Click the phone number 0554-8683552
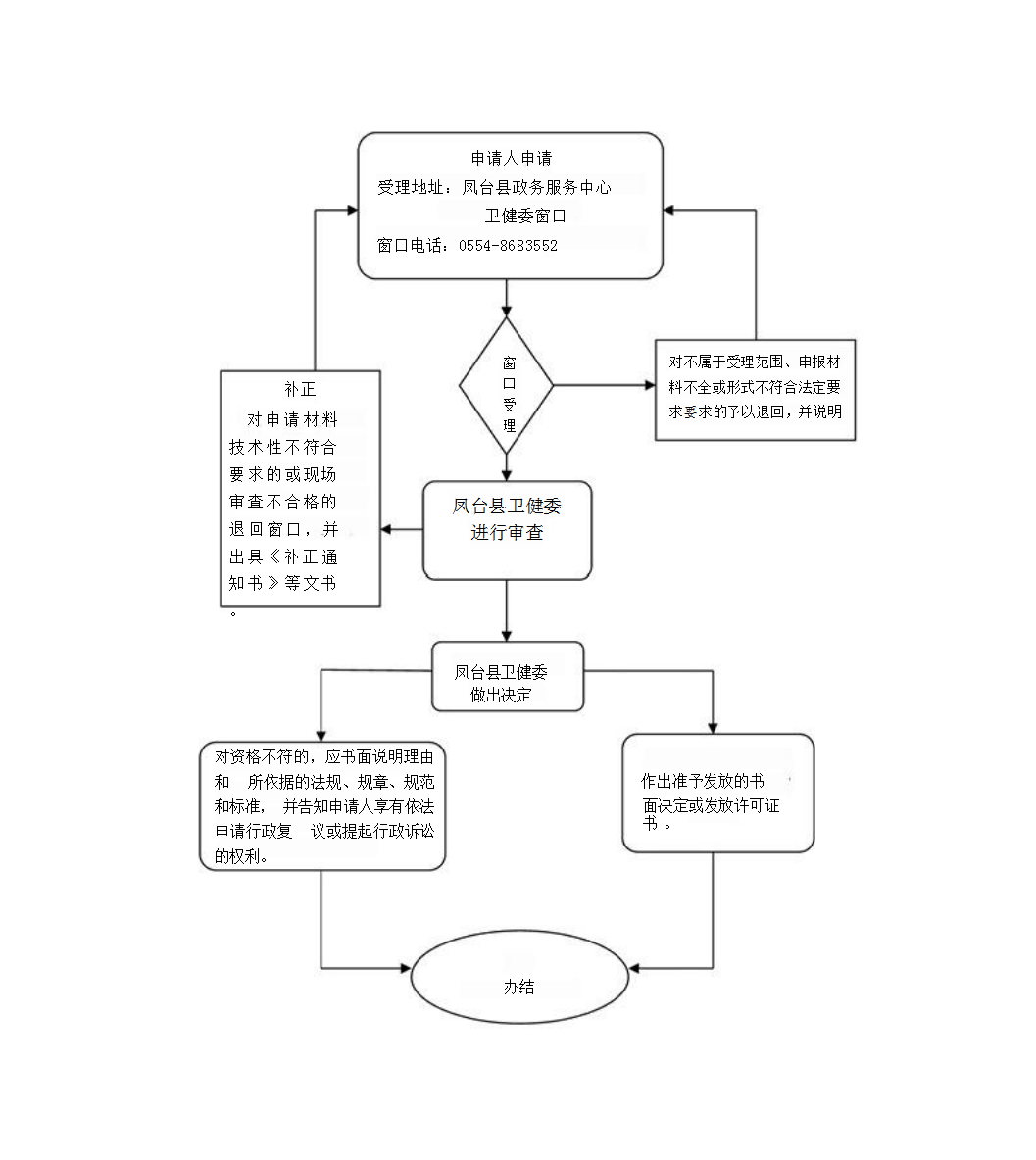click(x=508, y=246)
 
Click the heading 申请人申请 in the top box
click(x=511, y=159)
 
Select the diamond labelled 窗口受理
click(x=507, y=386)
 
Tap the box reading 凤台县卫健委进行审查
click(x=507, y=530)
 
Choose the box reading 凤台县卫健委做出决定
click(x=508, y=676)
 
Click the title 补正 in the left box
click(x=300, y=390)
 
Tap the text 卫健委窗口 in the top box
click(x=525, y=217)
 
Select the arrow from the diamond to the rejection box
click(x=603, y=386)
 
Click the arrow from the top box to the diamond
click(x=507, y=299)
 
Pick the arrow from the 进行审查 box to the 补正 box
click(x=402, y=530)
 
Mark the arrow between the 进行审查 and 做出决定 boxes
click(x=507, y=610)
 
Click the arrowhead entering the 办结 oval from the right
click(x=634, y=969)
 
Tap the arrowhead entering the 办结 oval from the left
click(x=404, y=969)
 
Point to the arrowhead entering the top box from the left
click(x=351, y=210)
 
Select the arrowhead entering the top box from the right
click(x=669, y=210)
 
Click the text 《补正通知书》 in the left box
click(x=284, y=570)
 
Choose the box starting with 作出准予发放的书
click(x=717, y=793)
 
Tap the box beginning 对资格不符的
click(x=322, y=806)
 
